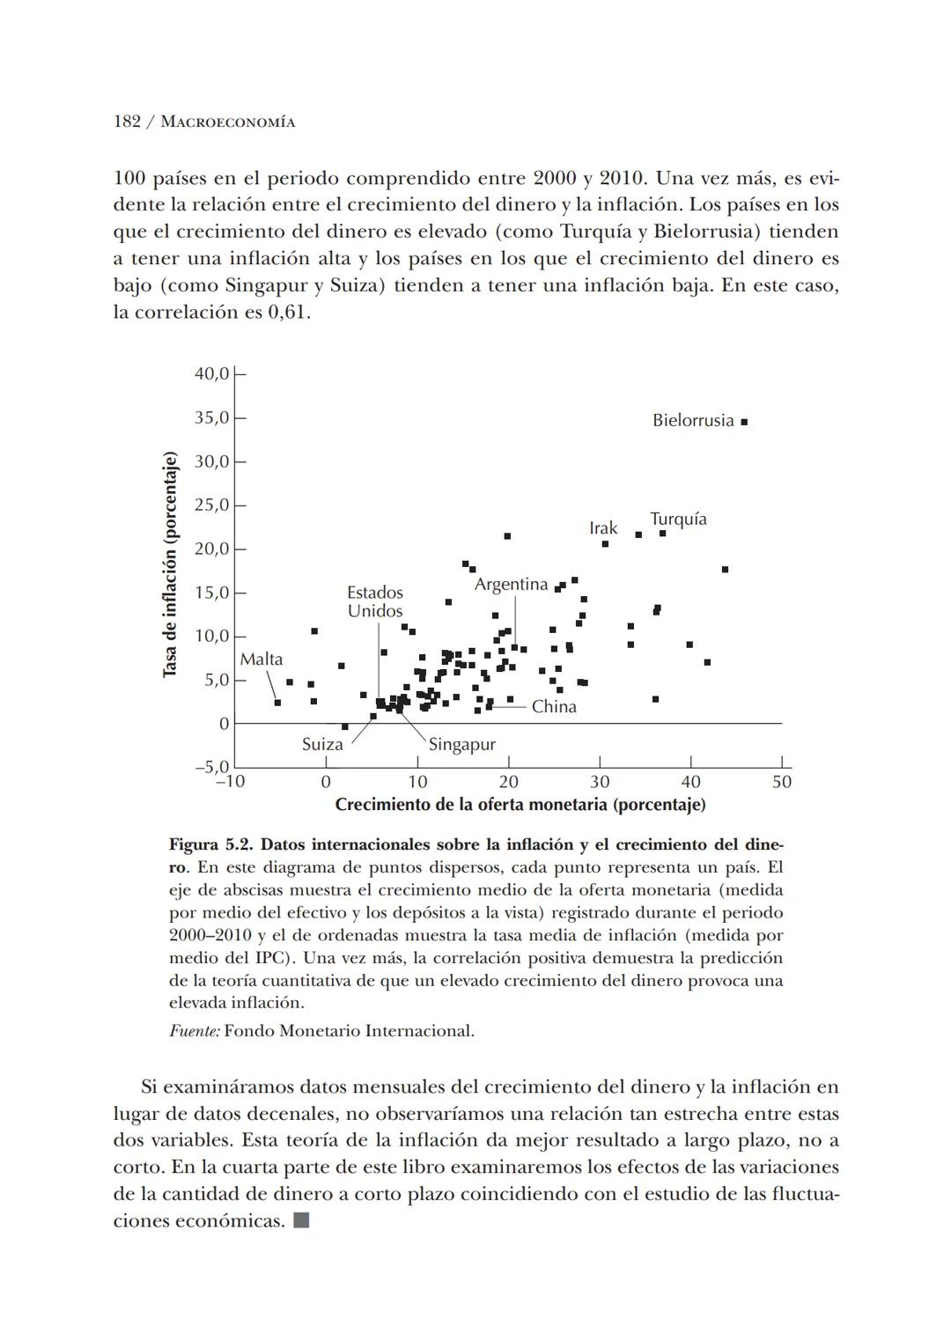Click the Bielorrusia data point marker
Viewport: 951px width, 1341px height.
(x=744, y=422)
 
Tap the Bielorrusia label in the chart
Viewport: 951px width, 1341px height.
(x=692, y=421)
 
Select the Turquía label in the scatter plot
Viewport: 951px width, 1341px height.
(x=678, y=519)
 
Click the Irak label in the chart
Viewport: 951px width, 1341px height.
(x=603, y=528)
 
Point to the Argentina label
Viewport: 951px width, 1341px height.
(x=511, y=585)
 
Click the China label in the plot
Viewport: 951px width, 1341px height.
(x=554, y=707)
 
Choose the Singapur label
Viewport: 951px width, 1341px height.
(x=461, y=745)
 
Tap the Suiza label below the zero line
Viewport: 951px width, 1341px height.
(x=322, y=745)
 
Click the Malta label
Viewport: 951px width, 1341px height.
(x=262, y=659)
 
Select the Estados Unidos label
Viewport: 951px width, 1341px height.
(x=375, y=602)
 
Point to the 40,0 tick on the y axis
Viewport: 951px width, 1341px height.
(x=211, y=374)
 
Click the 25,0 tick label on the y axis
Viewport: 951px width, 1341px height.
(x=211, y=505)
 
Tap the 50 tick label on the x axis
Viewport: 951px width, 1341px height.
(x=781, y=782)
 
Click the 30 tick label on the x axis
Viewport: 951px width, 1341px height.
(x=600, y=782)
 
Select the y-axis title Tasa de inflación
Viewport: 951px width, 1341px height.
(x=170, y=564)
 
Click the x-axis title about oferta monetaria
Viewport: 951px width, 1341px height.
(x=520, y=805)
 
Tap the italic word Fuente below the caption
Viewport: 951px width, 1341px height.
(x=194, y=1031)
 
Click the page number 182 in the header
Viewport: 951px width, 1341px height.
(x=127, y=122)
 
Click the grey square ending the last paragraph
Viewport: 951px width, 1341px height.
(x=301, y=1221)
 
